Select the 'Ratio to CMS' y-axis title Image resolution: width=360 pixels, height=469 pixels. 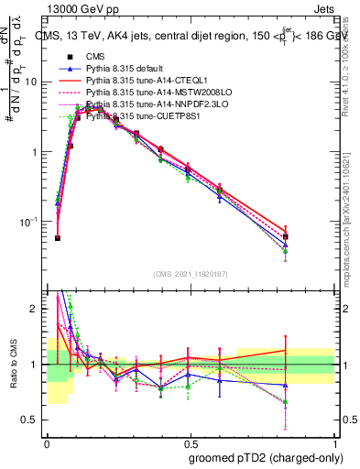13,364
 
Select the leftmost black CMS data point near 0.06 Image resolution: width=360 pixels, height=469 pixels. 58,238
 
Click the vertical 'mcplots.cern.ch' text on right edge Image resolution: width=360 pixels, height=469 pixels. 352,229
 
